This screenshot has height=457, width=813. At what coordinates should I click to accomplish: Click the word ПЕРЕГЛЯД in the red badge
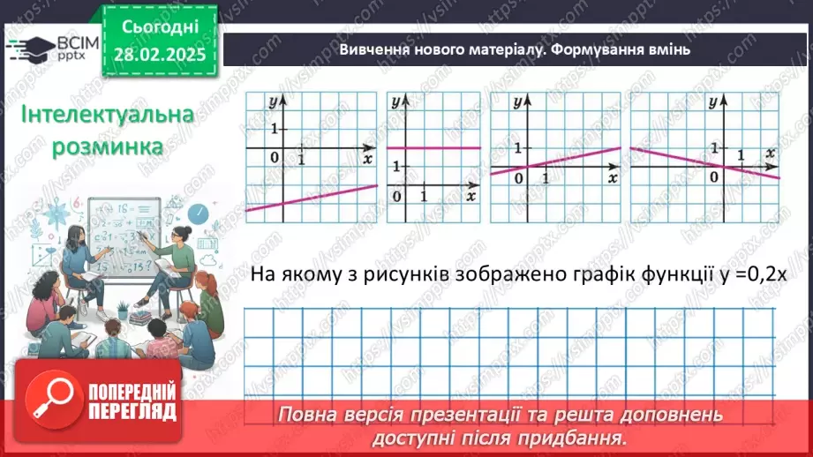[x=132, y=410]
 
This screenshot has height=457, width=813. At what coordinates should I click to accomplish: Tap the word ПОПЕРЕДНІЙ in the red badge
[x=132, y=390]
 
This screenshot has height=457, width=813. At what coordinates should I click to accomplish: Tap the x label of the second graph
[x=470, y=195]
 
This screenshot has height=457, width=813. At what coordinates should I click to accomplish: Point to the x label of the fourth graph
[x=772, y=153]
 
